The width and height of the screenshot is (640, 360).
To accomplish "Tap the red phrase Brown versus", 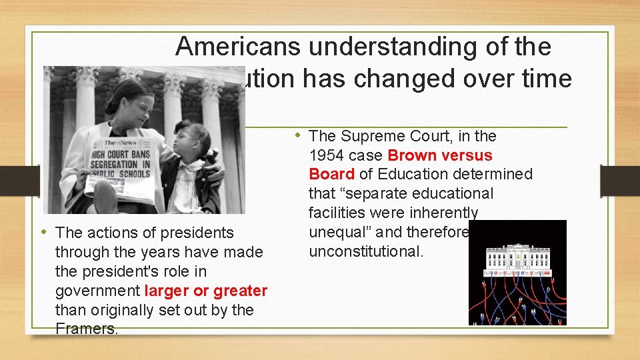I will (439, 155).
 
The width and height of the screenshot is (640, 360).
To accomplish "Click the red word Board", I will (331, 175).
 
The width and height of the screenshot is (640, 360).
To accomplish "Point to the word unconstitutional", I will (366, 252).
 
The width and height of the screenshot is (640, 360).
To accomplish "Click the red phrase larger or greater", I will (205, 291).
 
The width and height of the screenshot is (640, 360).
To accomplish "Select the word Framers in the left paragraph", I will (85, 329).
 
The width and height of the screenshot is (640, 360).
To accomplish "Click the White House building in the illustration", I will (517, 257).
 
